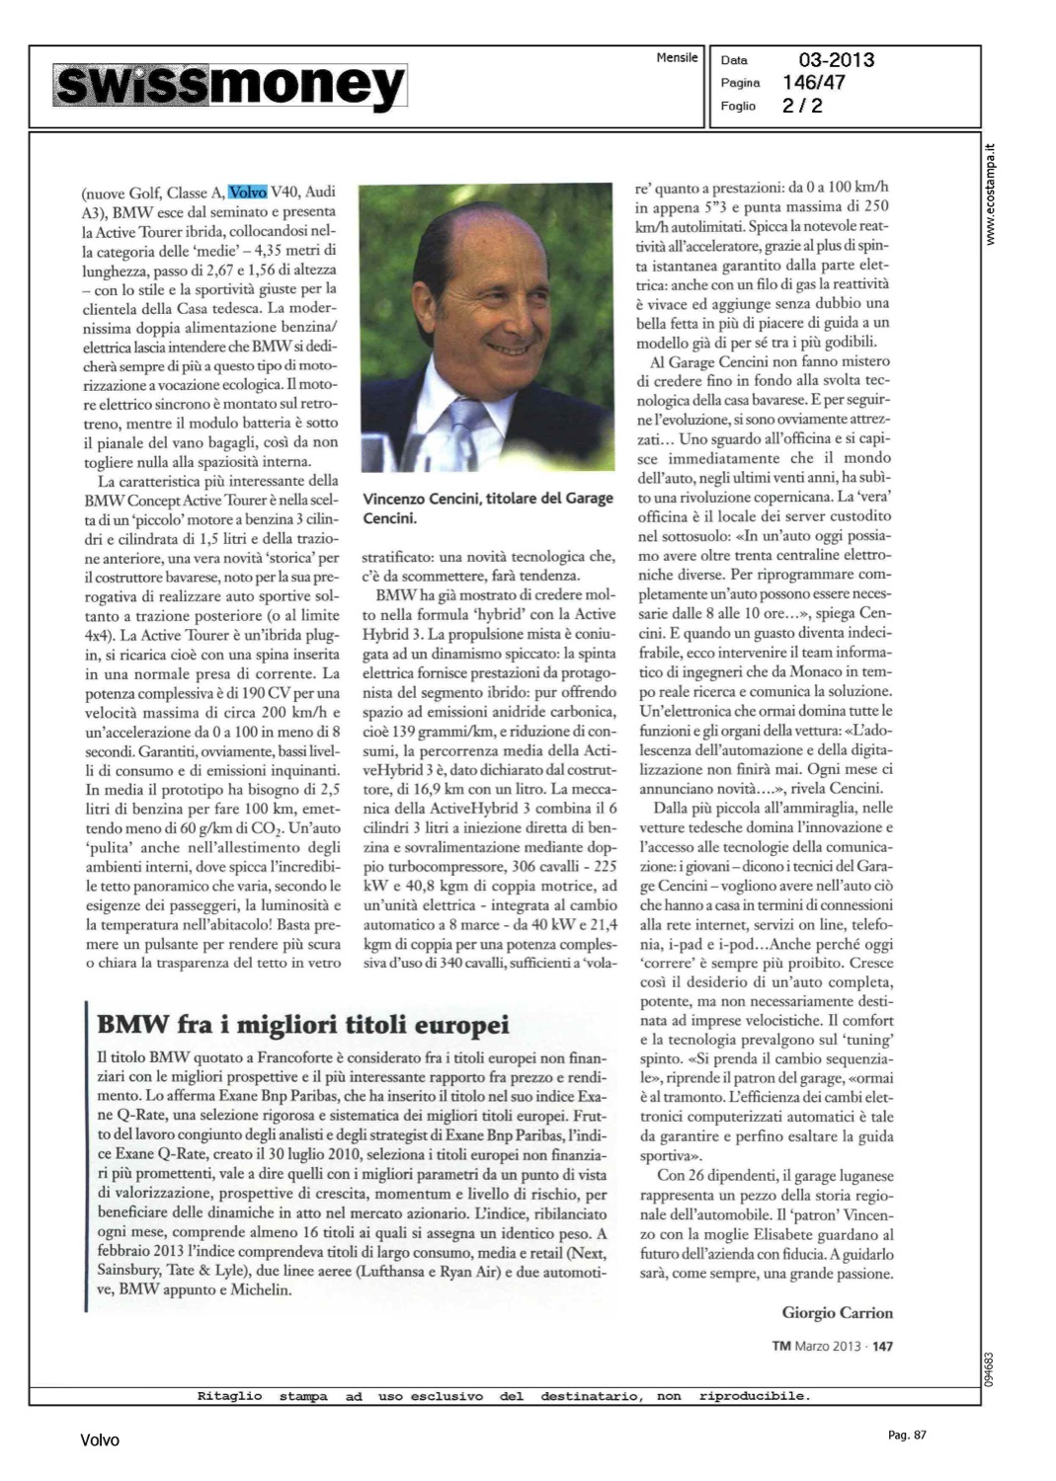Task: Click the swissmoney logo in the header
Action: tap(229, 87)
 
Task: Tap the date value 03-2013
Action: tap(836, 60)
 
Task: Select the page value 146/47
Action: tap(814, 83)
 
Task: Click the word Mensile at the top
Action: tap(677, 58)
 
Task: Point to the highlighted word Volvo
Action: tap(247, 193)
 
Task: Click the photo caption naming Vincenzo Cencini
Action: tap(487, 507)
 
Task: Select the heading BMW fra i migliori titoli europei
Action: tap(303, 1024)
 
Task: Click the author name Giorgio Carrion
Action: tap(837, 1312)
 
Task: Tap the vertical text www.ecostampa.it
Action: tap(992, 195)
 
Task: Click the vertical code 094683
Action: tap(992, 1367)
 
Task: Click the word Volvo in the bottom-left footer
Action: tap(100, 1441)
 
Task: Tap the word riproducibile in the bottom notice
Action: tap(754, 1396)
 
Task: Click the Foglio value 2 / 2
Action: tap(802, 106)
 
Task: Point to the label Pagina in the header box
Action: tap(740, 83)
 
